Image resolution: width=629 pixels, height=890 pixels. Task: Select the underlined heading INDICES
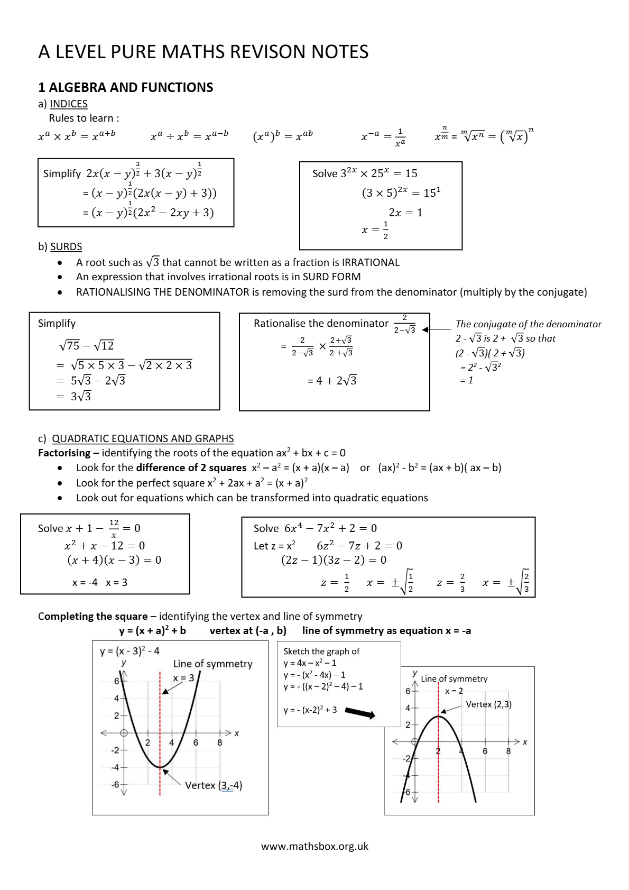(69, 104)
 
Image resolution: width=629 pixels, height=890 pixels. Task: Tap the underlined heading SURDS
(66, 246)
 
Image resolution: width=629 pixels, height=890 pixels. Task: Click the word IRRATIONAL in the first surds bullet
(371, 262)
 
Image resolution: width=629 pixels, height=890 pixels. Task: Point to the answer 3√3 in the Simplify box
(80, 397)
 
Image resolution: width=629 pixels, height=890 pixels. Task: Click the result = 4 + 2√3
(332, 381)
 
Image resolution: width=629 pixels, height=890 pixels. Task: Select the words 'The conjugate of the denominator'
(528, 324)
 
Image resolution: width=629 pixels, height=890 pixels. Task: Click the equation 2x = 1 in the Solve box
(405, 213)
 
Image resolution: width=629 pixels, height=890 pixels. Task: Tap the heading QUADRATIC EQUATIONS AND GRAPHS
(143, 438)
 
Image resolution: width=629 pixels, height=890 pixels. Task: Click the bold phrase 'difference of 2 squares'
(191, 467)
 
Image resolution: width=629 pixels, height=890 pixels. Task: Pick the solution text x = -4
(85, 582)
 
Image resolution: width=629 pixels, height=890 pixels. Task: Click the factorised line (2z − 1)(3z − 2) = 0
(334, 560)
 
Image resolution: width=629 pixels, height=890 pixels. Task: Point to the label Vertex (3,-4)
(214, 785)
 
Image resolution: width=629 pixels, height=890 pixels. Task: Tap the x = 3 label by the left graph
(183, 677)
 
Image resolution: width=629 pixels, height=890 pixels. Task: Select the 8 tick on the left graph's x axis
(219, 742)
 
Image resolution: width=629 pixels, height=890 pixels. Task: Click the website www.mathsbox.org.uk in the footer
(314, 846)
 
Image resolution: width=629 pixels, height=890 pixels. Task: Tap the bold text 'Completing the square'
(92, 616)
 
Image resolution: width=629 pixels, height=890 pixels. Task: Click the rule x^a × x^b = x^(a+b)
(77, 136)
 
